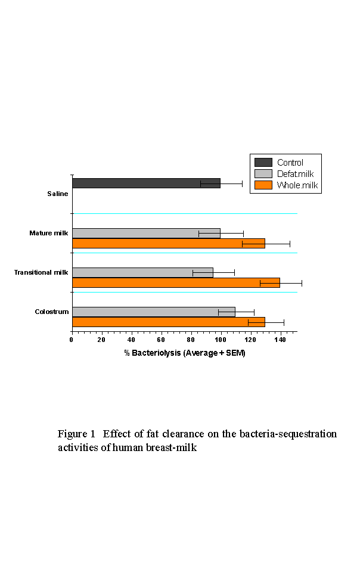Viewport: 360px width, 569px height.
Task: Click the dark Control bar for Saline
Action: click(x=146, y=183)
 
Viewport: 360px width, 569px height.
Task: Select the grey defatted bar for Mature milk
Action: click(x=146, y=233)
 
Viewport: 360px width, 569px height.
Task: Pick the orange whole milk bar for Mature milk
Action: click(x=168, y=243)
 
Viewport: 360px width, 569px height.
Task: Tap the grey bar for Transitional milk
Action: click(x=142, y=272)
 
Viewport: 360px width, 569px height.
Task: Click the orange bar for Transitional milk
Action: click(x=176, y=282)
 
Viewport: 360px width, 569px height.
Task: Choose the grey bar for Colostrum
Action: click(x=153, y=312)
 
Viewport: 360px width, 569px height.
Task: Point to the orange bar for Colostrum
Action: click(x=168, y=322)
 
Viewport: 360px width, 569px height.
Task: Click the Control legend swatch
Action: click(x=263, y=162)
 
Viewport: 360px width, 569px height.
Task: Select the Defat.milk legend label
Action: click(x=295, y=174)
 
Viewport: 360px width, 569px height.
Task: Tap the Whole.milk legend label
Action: click(x=297, y=185)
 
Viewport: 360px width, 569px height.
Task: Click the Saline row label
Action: click(x=58, y=194)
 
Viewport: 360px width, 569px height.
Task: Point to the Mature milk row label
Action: click(x=49, y=233)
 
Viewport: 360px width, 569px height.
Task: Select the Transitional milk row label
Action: click(x=41, y=272)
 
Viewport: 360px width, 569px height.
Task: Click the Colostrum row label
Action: click(x=52, y=312)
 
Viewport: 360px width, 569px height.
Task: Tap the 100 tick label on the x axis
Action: click(x=221, y=340)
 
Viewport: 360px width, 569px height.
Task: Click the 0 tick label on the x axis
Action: click(x=72, y=340)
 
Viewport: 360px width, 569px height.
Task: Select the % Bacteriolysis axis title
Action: click(x=185, y=353)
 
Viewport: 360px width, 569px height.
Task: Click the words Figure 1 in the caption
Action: click(x=76, y=434)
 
